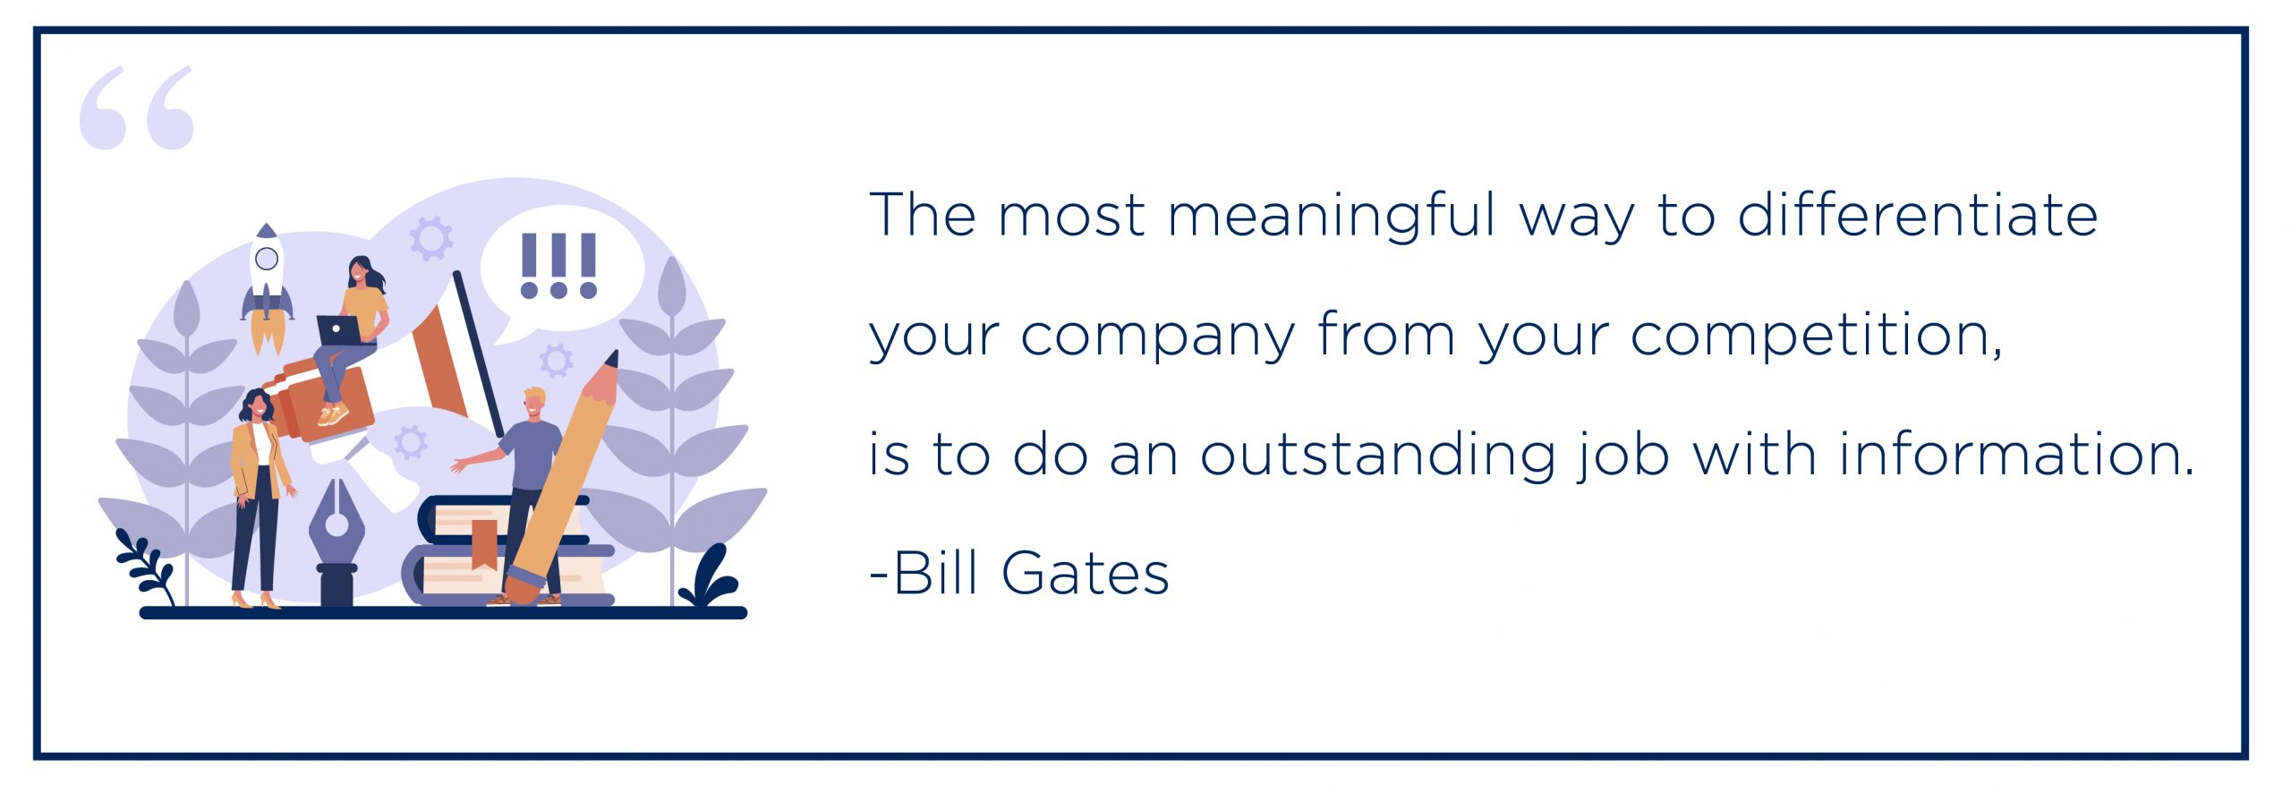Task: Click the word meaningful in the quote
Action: pos(1331,217)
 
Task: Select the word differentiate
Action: pos(1918,215)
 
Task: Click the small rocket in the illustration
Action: pos(267,286)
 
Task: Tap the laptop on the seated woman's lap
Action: pos(338,330)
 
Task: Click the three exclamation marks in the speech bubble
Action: pos(558,266)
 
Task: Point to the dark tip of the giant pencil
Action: pos(612,359)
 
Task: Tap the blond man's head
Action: pos(533,404)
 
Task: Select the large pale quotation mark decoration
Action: pos(136,107)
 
